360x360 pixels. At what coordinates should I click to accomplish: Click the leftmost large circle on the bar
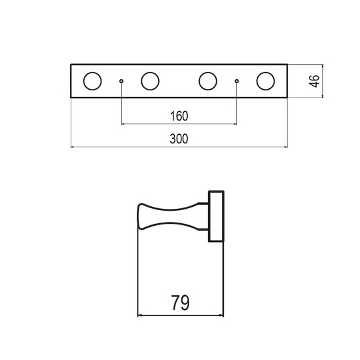(83, 81)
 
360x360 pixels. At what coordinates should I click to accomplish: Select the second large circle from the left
(141, 81)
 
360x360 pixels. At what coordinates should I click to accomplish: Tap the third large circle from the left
(199, 81)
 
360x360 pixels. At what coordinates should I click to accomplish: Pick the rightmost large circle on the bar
(257, 81)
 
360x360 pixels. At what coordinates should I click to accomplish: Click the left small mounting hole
(121, 81)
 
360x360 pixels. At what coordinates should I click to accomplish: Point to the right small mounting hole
(237, 81)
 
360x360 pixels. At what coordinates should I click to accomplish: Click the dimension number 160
(179, 116)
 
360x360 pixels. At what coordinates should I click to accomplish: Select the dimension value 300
(179, 139)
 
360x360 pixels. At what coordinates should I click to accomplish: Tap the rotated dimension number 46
(314, 81)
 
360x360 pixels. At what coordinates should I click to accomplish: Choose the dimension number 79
(181, 302)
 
